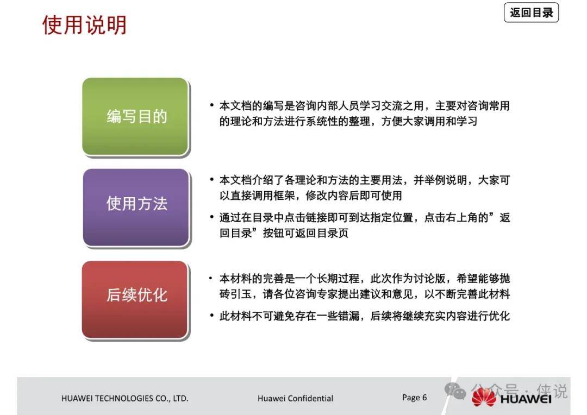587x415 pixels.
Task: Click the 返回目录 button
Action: point(531,12)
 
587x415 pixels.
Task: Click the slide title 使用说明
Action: point(84,25)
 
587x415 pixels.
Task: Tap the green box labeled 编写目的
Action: point(135,116)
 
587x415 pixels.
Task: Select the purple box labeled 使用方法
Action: point(136,207)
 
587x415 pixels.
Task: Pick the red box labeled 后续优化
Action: point(135,300)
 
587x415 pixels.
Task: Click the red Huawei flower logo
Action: point(484,398)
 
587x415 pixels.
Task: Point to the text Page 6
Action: point(414,398)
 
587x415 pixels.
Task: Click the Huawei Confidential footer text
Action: point(295,398)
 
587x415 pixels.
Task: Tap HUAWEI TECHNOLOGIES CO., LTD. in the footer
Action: point(124,399)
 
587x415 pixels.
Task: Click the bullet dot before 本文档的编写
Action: point(212,105)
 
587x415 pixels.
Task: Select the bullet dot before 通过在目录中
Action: point(212,217)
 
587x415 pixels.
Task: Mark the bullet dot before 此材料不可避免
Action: point(212,316)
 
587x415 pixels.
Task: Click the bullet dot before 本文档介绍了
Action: point(212,180)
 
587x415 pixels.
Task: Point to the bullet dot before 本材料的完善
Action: point(211,278)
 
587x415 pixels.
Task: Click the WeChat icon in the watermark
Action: point(455,391)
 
